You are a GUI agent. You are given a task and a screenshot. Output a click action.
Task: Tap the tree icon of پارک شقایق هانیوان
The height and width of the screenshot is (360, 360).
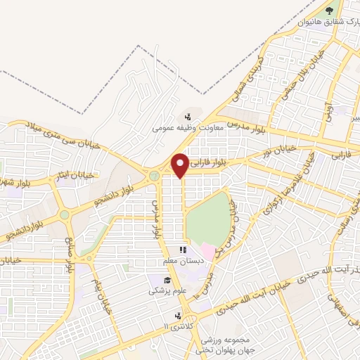(328, 10)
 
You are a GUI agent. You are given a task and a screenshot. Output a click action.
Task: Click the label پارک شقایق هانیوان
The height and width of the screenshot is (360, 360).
(324, 22)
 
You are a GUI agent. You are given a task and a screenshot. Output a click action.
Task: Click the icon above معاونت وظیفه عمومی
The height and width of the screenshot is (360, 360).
(188, 117)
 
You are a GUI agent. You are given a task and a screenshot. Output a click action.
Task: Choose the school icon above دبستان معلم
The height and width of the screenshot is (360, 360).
(182, 250)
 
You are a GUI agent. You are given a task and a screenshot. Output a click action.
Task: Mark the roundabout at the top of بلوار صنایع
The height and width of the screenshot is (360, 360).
(65, 214)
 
